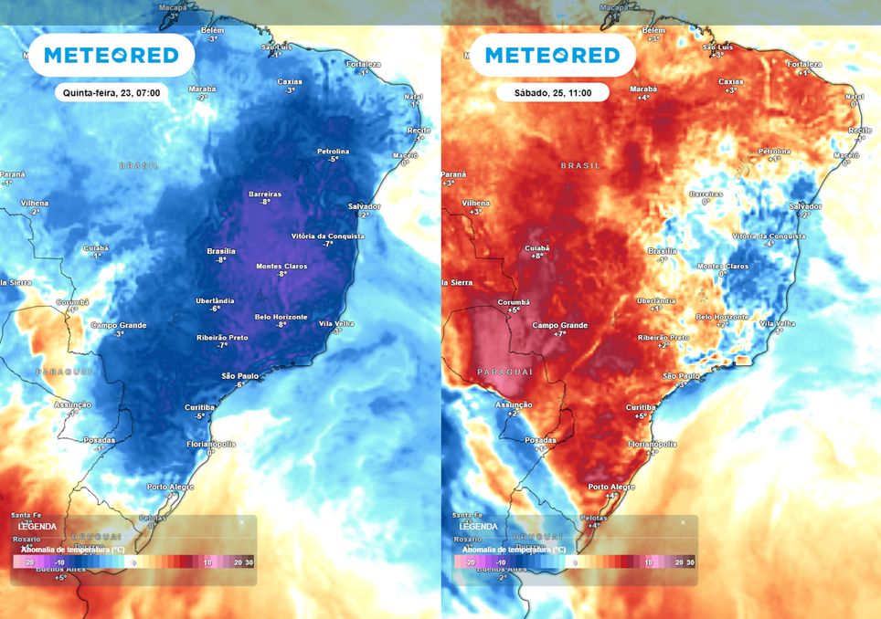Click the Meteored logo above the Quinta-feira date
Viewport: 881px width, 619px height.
coord(111,56)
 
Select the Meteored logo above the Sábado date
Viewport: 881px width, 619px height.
coord(552,56)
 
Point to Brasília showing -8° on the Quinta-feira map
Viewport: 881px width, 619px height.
coord(221,255)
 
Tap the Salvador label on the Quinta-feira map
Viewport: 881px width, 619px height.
coord(364,210)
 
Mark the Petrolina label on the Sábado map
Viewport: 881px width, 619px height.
coord(774,154)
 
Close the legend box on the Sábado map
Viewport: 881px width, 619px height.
coord(683,522)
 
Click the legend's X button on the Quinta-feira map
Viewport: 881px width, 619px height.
coord(242,522)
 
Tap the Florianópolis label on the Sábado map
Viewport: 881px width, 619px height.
coord(651,447)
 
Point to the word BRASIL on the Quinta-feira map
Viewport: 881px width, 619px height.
coord(139,165)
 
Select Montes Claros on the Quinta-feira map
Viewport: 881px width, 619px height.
coord(281,269)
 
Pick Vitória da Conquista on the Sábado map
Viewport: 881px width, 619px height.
coord(769,239)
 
